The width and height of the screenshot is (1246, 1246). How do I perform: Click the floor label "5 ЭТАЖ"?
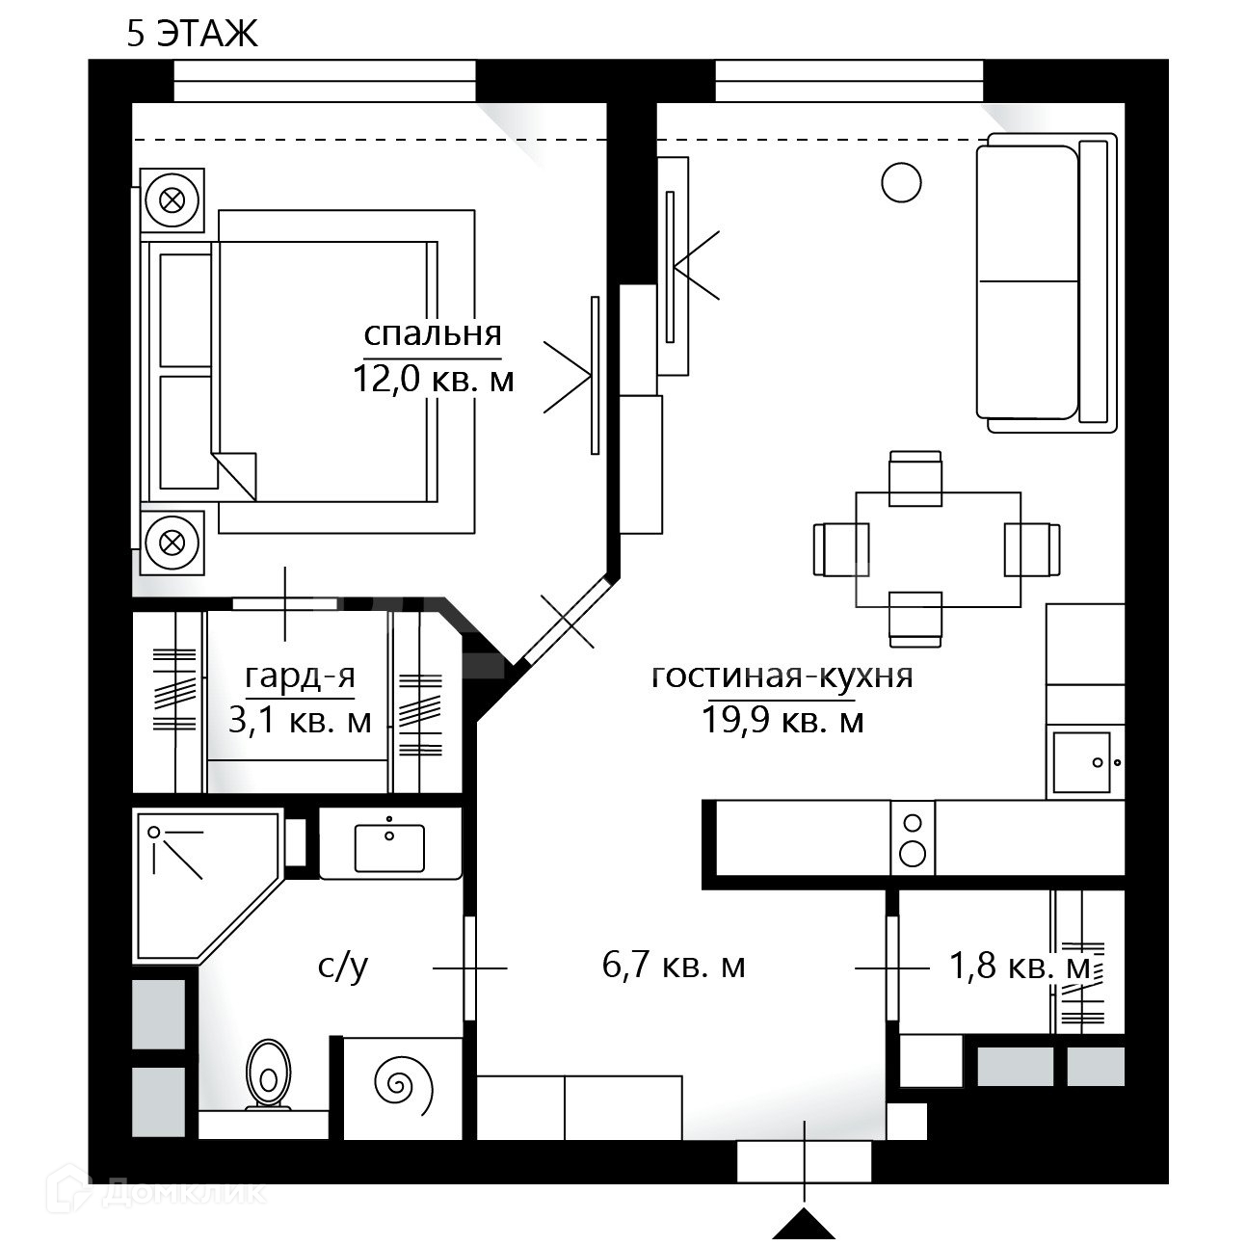coord(193,34)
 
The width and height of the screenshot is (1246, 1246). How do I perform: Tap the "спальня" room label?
coord(433,333)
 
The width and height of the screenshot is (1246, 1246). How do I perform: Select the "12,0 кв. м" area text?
coord(433,379)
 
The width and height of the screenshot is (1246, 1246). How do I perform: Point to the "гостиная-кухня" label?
coord(782,676)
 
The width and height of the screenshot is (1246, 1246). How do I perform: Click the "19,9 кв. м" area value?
coord(782,719)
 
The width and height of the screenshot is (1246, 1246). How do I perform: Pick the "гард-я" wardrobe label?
coord(300,677)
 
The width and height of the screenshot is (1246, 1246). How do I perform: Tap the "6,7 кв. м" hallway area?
coord(674,965)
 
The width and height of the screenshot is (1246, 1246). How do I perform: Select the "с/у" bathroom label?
coord(342,965)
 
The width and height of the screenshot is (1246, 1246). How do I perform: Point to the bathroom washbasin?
coord(389,845)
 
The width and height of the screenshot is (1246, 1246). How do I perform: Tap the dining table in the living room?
coord(939,549)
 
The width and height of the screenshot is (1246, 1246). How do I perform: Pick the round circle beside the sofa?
coord(901,182)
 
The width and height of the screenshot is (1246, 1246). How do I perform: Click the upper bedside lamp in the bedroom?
coord(172,200)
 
